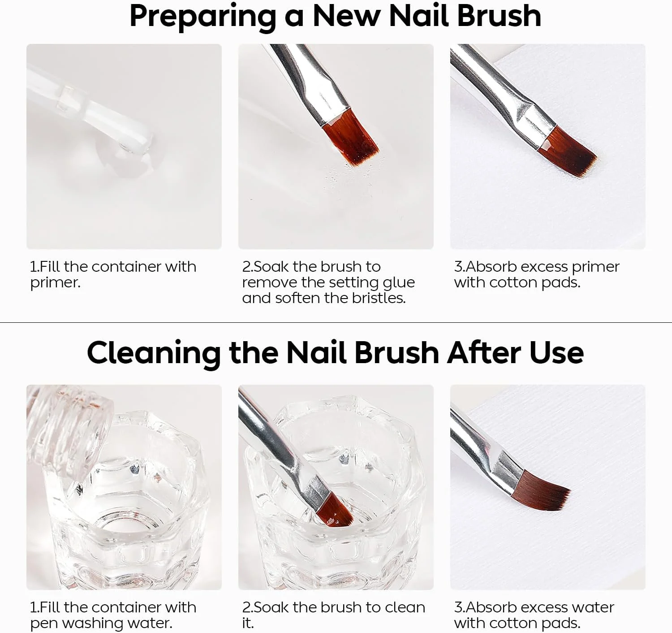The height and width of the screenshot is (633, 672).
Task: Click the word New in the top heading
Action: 346,16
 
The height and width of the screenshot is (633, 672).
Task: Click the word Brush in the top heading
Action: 499,16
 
